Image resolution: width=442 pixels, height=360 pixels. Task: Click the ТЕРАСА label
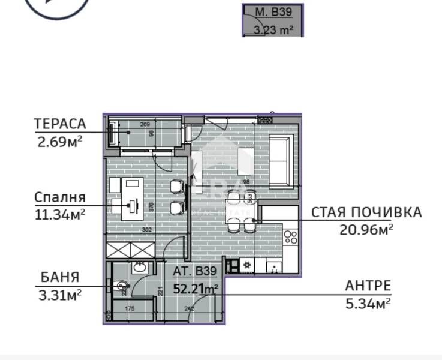(x=60, y=124)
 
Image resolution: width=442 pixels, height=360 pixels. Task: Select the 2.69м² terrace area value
(x=59, y=142)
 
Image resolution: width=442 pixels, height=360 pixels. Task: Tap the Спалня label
(x=59, y=197)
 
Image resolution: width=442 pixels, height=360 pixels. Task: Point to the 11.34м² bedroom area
(x=59, y=213)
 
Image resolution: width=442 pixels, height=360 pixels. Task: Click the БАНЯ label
(x=59, y=277)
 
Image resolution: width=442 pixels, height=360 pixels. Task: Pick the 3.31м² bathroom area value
(x=59, y=294)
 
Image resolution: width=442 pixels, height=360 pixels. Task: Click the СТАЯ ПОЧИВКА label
(x=366, y=212)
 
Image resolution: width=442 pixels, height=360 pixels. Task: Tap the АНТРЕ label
(x=368, y=286)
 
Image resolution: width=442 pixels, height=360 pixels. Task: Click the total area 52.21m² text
(x=195, y=289)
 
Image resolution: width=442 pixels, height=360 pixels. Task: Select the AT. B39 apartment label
(x=194, y=271)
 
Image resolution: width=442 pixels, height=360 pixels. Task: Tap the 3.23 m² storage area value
(x=273, y=29)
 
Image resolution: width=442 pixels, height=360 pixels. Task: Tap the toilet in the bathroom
(x=122, y=286)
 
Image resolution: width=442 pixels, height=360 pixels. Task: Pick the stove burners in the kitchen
(x=290, y=238)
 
